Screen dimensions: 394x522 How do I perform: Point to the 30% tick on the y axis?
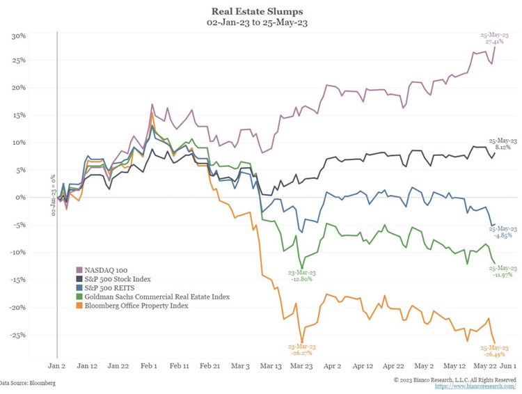(19, 36)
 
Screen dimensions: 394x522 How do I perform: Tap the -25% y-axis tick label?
(17, 334)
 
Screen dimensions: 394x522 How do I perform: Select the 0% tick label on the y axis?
(21, 197)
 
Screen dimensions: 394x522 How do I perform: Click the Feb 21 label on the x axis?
(210, 365)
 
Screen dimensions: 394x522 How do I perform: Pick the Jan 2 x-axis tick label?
(56, 365)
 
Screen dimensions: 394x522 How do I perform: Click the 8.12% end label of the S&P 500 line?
(503, 148)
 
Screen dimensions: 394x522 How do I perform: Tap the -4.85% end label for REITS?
(503, 235)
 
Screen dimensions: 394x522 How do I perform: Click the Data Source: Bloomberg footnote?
(28, 383)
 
